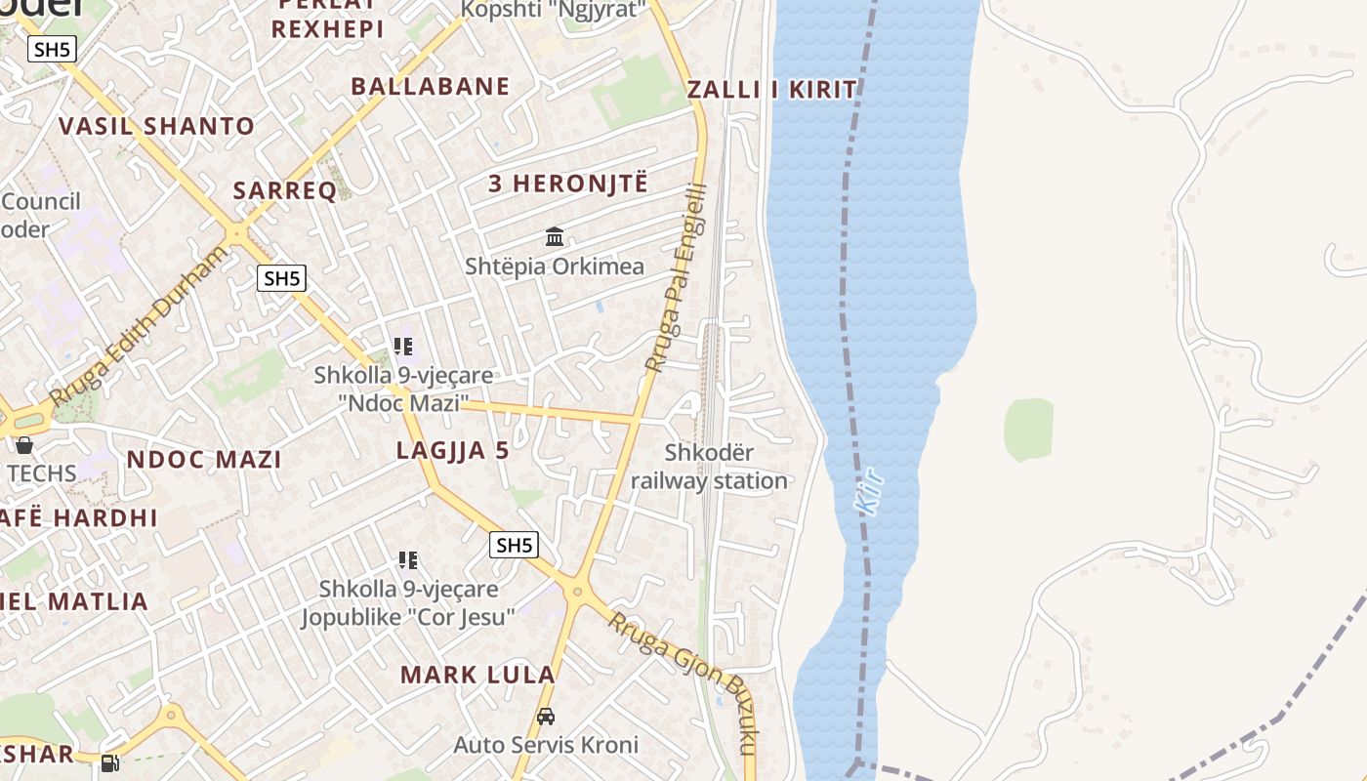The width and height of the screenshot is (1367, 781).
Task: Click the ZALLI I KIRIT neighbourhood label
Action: pos(771,90)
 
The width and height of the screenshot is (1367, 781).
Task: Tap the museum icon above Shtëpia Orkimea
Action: pos(555,236)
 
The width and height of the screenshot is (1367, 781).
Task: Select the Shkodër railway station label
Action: pos(710,467)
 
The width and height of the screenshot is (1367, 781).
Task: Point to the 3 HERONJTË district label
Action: pos(567,183)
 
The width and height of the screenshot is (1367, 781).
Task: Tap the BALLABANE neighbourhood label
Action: pos(431,86)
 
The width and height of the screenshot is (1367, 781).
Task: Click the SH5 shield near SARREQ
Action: pos(281,278)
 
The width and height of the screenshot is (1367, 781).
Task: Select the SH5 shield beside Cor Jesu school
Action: pos(514,545)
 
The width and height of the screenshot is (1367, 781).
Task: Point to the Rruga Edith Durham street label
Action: pos(139,326)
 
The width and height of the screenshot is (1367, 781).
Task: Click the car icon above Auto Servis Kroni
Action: pos(546,717)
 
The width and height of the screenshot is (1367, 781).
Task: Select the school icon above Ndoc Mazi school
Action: pos(403,347)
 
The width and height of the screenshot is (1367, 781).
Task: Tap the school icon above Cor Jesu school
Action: pos(408,560)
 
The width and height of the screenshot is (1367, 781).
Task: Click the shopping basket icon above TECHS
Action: pos(24,445)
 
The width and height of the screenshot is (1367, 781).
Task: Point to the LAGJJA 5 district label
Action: pos(453,451)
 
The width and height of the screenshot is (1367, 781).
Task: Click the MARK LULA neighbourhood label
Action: pos(477,675)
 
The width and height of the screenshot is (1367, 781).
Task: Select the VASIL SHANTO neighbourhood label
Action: pos(156,126)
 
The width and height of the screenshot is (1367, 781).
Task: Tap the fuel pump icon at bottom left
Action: pos(109,763)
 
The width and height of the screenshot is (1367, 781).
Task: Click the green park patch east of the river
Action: pos(1028,429)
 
